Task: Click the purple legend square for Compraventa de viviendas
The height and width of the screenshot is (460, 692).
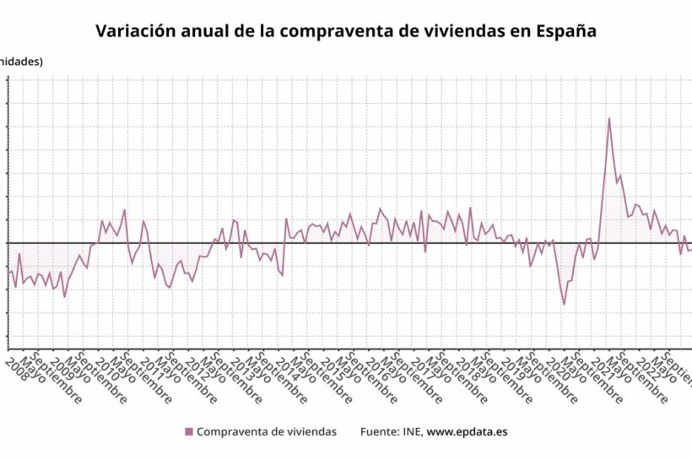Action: coord(189,432)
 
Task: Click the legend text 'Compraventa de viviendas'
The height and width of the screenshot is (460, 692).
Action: coord(267,432)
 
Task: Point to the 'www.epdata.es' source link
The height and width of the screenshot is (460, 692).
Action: coord(467,432)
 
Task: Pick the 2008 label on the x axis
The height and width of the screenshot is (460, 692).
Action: coord(15,369)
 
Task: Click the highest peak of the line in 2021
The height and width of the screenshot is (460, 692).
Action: coord(609,118)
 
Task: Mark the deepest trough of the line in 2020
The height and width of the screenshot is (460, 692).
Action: coord(565,304)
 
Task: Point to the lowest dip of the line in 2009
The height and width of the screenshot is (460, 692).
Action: coord(64,296)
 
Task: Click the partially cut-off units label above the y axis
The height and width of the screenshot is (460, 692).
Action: coord(21,61)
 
